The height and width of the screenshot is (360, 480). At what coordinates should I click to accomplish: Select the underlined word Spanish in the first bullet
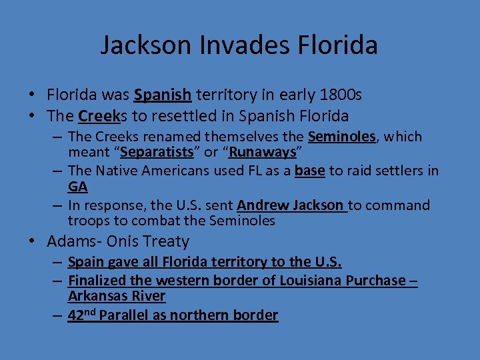pyautogui.click(x=163, y=95)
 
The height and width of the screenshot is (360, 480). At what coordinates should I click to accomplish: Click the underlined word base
pyautogui.click(x=309, y=171)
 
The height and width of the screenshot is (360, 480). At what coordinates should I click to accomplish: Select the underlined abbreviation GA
pyautogui.click(x=77, y=187)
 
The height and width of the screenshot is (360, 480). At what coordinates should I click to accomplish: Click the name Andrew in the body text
pyautogui.click(x=262, y=205)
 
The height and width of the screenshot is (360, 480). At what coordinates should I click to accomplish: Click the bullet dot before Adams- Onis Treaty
pyautogui.click(x=37, y=241)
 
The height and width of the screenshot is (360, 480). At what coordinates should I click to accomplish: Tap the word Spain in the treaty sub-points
pyautogui.click(x=86, y=262)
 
